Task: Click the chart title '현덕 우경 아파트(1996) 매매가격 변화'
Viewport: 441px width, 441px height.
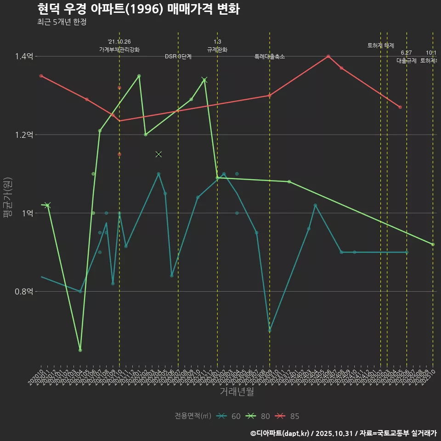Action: pyautogui.click(x=138, y=9)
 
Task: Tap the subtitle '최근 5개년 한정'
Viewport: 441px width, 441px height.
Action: pyautogui.click(x=62, y=22)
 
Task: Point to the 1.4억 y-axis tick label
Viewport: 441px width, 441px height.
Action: pyautogui.click(x=23, y=57)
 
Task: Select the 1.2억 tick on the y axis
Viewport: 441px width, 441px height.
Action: pyautogui.click(x=23, y=135)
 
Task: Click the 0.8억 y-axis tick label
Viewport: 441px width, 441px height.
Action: pyautogui.click(x=23, y=291)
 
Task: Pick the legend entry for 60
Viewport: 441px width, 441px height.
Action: pyautogui.click(x=230, y=416)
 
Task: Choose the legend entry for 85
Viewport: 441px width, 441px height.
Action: pyautogui.click(x=288, y=416)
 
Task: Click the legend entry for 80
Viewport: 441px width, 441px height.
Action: pyautogui.click(x=259, y=416)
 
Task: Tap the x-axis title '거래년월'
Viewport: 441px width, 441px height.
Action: pyautogui.click(x=237, y=392)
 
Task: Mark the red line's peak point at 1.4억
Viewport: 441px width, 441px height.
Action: pyautogui.click(x=328, y=57)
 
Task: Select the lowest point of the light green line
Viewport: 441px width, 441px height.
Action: pyautogui.click(x=80, y=350)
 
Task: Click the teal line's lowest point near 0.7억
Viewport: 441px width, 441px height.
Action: pyautogui.click(x=270, y=330)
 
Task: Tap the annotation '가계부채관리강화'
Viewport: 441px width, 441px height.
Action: pyautogui.click(x=119, y=49)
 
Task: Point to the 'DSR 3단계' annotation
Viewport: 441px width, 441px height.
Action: pyautogui.click(x=178, y=57)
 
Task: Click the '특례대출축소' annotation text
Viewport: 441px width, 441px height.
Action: pyautogui.click(x=270, y=57)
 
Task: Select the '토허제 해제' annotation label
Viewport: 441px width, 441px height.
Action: pyautogui.click(x=381, y=45)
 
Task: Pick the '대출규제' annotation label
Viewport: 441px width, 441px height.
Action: pyautogui.click(x=406, y=61)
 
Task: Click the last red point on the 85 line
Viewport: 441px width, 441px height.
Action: pyautogui.click(x=400, y=107)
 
